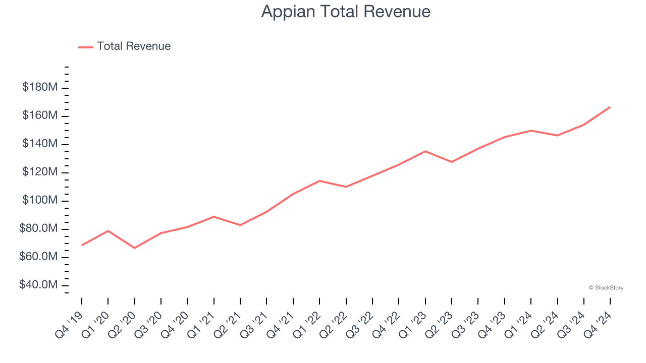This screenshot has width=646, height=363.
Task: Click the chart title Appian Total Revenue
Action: tap(346, 11)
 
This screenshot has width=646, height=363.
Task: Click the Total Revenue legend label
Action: tap(134, 46)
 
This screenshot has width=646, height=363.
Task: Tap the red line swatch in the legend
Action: tap(86, 47)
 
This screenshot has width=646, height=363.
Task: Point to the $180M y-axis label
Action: tap(40, 87)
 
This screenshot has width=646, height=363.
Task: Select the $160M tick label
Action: tap(40, 115)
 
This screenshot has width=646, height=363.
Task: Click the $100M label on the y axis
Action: tap(40, 200)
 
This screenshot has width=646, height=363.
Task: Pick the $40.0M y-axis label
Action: tap(38, 285)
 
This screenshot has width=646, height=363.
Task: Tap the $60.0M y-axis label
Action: tap(38, 257)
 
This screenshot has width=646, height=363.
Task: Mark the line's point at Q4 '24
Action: tap(610, 107)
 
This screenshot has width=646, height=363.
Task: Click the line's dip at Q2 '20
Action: tap(134, 248)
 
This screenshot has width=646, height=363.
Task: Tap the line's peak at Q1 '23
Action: tap(425, 151)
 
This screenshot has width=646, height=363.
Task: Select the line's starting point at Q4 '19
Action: tap(82, 245)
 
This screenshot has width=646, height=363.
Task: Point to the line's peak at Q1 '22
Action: tap(319, 180)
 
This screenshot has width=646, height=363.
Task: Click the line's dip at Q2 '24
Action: tap(557, 136)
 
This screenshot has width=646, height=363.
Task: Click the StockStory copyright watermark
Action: tap(606, 288)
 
